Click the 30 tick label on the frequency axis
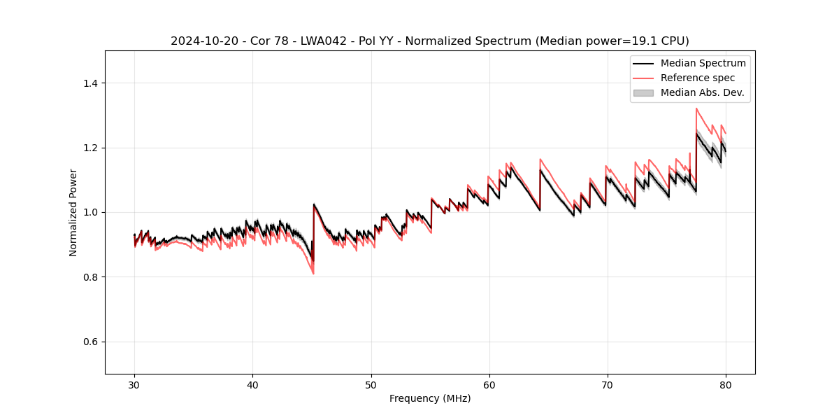pos(134,384)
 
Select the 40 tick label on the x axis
pos(252,384)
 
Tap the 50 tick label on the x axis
pos(371,384)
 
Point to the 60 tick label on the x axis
pos(489,384)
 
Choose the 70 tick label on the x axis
pos(607,384)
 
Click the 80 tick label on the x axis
pos(725,384)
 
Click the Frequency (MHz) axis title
pos(430,398)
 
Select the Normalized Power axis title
pos(73,212)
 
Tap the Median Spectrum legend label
pos(703,63)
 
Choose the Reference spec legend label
pos(698,78)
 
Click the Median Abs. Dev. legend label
pos(702,92)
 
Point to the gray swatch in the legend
pos(643,92)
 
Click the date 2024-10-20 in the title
pos(199,41)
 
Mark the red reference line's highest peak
pos(696,108)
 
